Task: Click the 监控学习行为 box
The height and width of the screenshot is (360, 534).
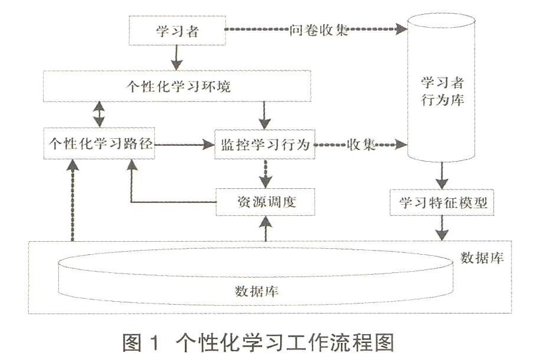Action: [265, 144]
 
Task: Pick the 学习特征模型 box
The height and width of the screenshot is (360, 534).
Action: [442, 202]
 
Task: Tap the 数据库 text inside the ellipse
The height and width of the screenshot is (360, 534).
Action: [257, 291]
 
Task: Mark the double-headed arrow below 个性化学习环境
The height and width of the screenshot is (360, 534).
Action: [99, 115]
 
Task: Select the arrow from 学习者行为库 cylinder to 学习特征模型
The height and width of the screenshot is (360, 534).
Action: [442, 175]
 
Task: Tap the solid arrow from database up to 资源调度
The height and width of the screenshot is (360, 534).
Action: [266, 228]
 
